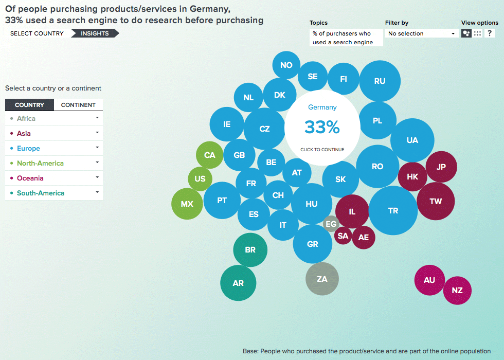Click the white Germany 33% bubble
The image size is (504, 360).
pyautogui.click(x=322, y=128)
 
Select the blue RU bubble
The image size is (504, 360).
pyautogui.click(x=380, y=81)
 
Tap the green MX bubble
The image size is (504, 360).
pyautogui.click(x=187, y=204)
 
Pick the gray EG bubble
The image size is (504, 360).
pyautogui.click(x=331, y=224)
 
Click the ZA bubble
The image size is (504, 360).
pyautogui.click(x=322, y=279)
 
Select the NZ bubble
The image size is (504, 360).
pyautogui.click(x=457, y=291)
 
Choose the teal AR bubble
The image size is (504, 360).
pyautogui.click(x=238, y=283)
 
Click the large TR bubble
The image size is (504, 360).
pyautogui.click(x=393, y=211)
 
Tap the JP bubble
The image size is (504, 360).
pyautogui.click(x=441, y=167)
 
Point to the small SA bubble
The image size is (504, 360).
pyautogui.click(x=343, y=236)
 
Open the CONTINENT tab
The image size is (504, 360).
pyautogui.click(x=78, y=105)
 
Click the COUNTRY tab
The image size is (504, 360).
pyautogui.click(x=29, y=105)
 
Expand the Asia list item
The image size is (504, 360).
pyautogui.click(x=54, y=133)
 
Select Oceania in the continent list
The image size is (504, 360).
pyautogui.click(x=30, y=178)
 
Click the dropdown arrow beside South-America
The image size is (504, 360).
pyautogui.click(x=97, y=192)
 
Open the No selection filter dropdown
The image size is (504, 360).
pyautogui.click(x=421, y=33)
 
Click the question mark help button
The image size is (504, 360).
pyautogui.click(x=490, y=33)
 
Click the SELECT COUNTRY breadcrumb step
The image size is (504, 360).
pyautogui.click(x=37, y=33)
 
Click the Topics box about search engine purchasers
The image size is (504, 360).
pyautogui.click(x=346, y=38)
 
